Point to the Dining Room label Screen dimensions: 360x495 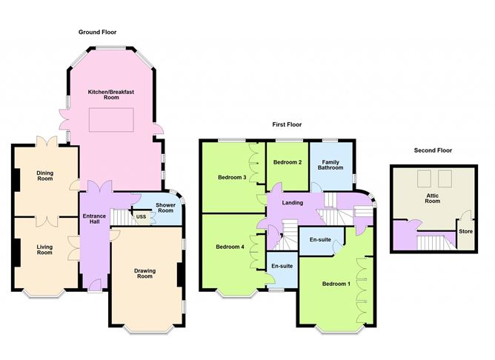point(45,176)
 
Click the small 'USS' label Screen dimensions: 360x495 point(141,216)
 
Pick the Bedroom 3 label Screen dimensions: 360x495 point(231,177)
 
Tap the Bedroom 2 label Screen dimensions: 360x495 point(287,162)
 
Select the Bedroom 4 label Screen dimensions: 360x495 point(229,247)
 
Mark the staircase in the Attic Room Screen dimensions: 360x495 point(431,242)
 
